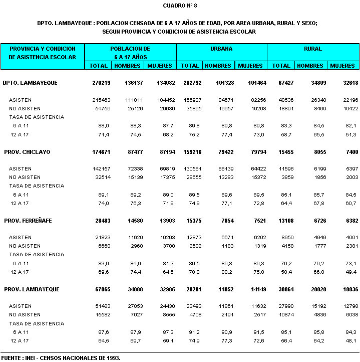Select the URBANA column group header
pyautogui.click(x=222, y=49)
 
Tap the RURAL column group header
pyautogui.click(x=312, y=49)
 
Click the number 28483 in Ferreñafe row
pyautogui.click(x=100, y=221)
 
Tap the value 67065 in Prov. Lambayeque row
pyautogui.click(x=100, y=289)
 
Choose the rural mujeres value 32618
pyautogui.click(x=345, y=83)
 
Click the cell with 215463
pyautogui.click(x=99, y=100)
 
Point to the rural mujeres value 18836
pyautogui.click(x=345, y=289)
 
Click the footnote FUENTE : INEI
pyautogui.click(x=61, y=358)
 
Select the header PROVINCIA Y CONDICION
pyautogui.click(x=43, y=49)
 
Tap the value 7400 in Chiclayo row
pyautogui.click(x=348, y=152)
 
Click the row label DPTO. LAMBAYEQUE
pyautogui.click(x=30, y=83)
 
